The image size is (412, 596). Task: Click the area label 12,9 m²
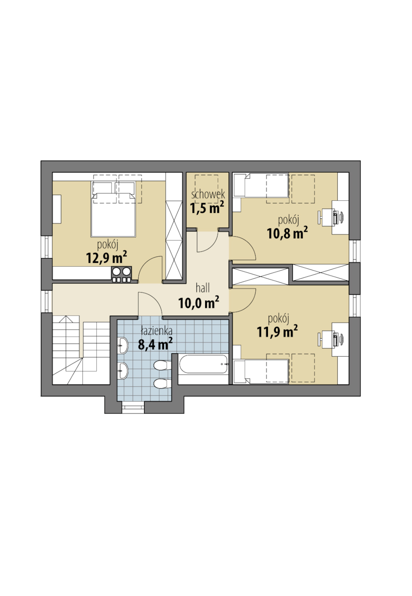pyautogui.click(x=106, y=257)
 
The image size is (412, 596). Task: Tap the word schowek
pyautogui.click(x=208, y=194)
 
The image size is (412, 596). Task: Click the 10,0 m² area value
pyautogui.click(x=199, y=303)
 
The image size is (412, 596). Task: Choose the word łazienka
pyautogui.click(x=157, y=331)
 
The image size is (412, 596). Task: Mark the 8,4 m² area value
pyautogui.click(x=155, y=344)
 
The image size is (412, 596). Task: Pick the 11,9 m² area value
pyautogui.click(x=277, y=331)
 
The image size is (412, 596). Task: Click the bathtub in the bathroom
pyautogui.click(x=203, y=364)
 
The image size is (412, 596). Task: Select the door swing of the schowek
pyautogui.click(x=207, y=241)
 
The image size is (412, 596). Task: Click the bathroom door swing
pyautogui.click(x=150, y=304)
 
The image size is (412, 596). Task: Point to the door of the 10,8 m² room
pyautogui.click(x=243, y=248)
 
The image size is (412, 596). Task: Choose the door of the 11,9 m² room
pyautogui.click(x=243, y=300)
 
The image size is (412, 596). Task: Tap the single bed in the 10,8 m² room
pyautogui.click(x=261, y=186)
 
